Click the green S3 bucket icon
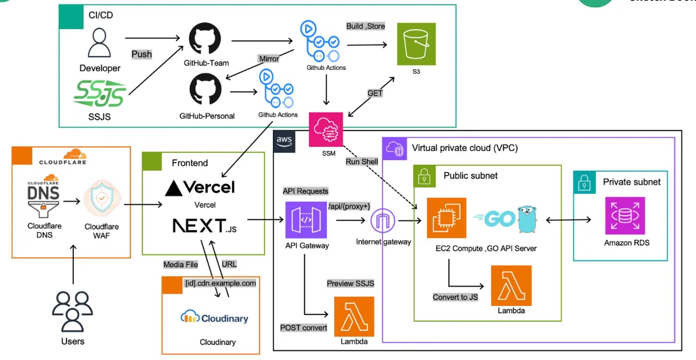click(417, 44)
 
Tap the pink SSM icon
click(327, 130)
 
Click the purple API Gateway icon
click(303, 220)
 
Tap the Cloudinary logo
click(214, 318)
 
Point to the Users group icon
click(72, 310)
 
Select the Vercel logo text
click(199, 187)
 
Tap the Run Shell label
click(361, 162)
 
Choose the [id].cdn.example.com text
click(220, 282)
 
